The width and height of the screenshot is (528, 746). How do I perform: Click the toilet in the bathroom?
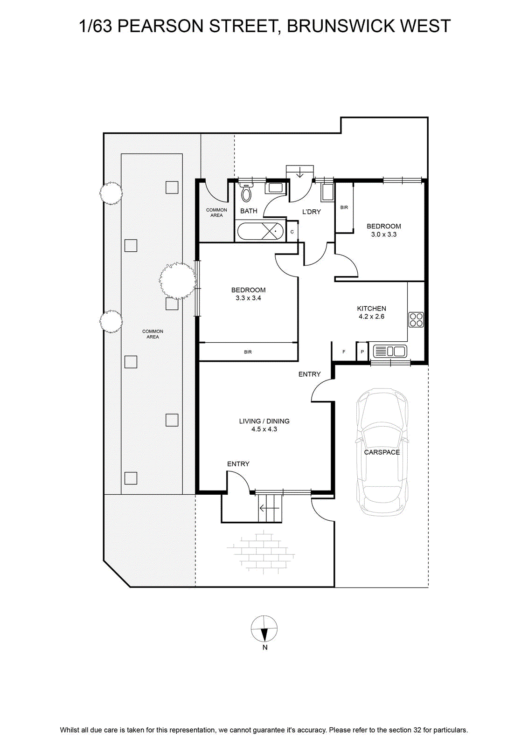(x=246, y=193)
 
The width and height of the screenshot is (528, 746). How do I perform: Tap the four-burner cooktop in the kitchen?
(x=416, y=319)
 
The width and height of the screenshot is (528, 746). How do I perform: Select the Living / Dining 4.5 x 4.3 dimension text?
(x=264, y=429)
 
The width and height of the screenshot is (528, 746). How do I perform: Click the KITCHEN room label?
(x=371, y=308)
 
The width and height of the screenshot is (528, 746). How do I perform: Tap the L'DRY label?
(x=312, y=212)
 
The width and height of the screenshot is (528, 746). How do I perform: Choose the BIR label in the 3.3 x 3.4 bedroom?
(x=248, y=352)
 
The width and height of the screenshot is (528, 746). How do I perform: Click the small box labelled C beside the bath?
(x=292, y=231)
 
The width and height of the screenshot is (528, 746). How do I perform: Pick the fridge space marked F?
(x=344, y=352)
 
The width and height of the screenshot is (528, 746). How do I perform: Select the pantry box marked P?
(x=362, y=352)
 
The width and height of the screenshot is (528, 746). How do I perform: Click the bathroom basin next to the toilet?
(x=276, y=188)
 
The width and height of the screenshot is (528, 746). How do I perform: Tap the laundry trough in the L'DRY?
(x=328, y=192)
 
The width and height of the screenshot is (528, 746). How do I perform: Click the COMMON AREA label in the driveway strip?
(x=153, y=334)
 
